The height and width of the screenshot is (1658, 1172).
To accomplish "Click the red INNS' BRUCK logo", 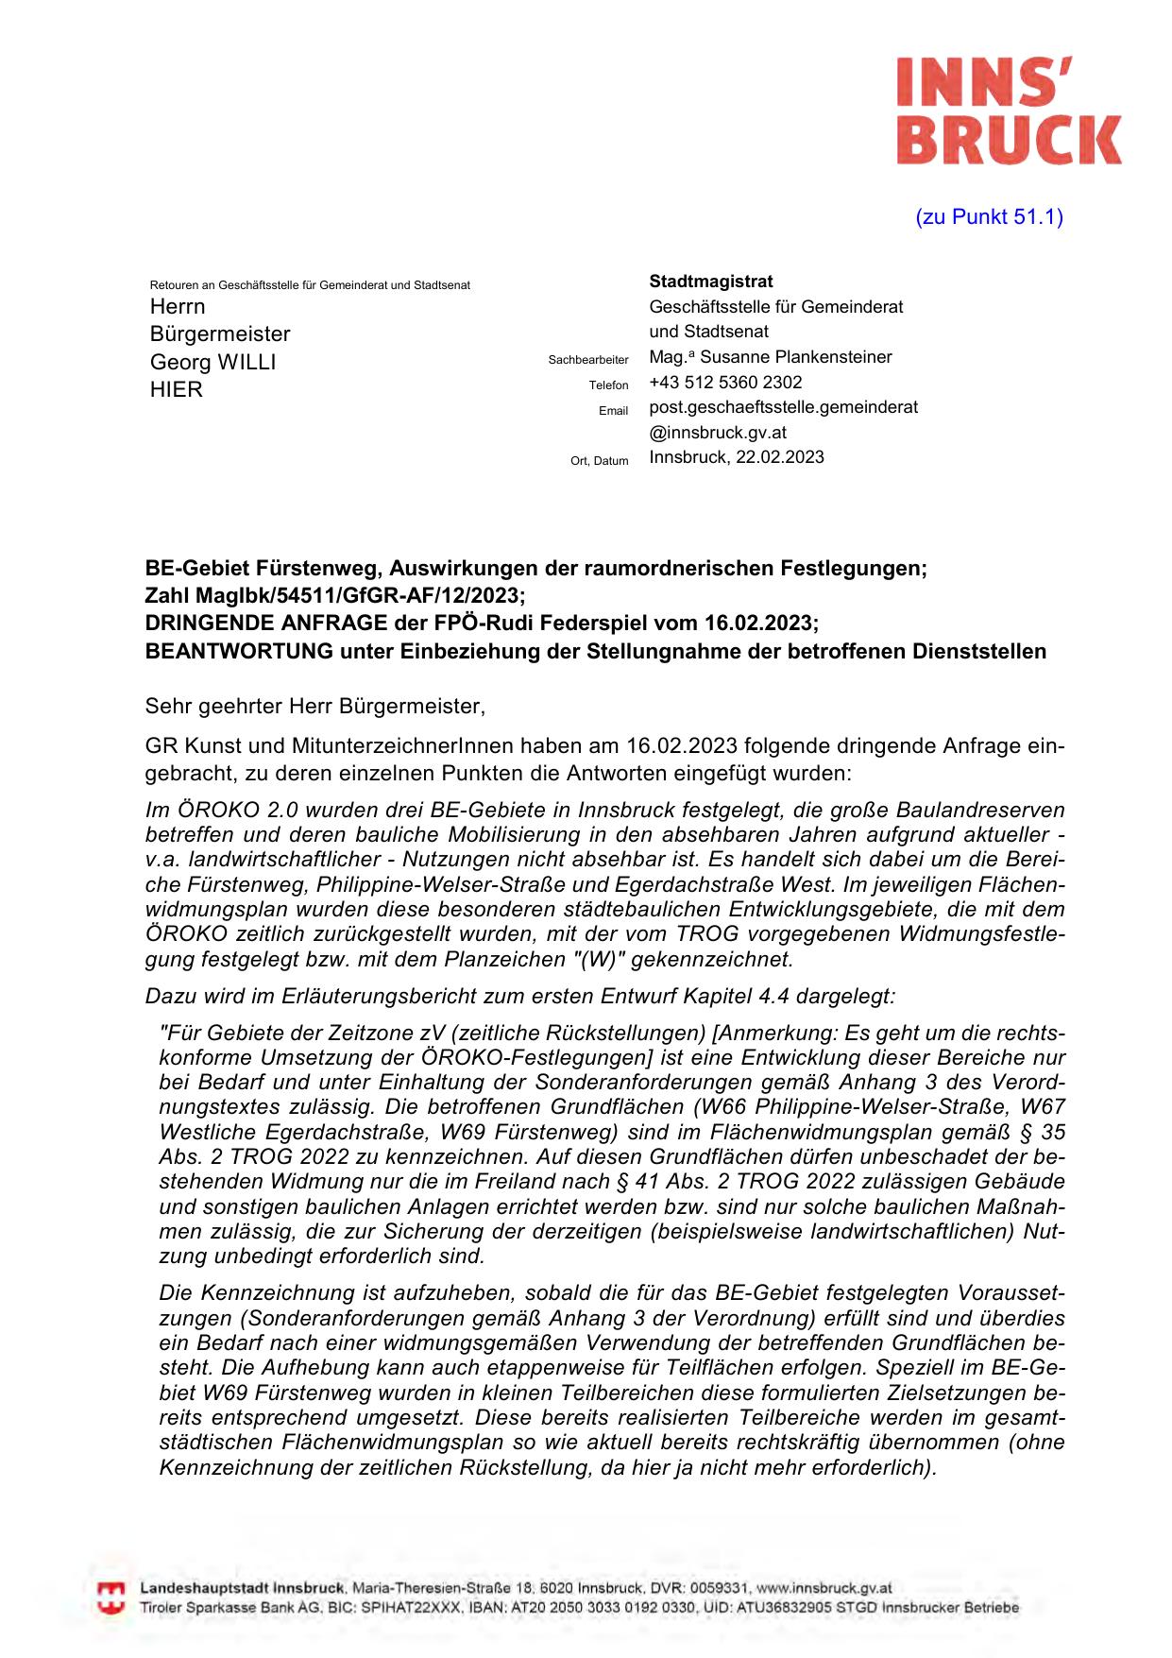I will (x=1008, y=111).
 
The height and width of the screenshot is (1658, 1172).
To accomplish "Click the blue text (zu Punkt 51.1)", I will (x=989, y=217).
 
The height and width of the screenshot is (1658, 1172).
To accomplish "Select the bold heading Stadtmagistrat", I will (x=710, y=282).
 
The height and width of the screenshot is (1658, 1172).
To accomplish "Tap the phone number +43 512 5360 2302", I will (x=725, y=383).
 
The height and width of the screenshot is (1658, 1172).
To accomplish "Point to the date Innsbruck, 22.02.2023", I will (x=736, y=457).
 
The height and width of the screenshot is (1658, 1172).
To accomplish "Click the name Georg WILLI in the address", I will (x=212, y=362).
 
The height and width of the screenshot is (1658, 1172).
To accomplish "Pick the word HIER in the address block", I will (x=176, y=389).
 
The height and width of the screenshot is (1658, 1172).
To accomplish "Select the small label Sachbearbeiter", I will (x=587, y=360).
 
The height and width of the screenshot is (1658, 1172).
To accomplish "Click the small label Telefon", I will (x=608, y=385).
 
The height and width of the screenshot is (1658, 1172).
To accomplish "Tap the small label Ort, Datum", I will (x=599, y=461).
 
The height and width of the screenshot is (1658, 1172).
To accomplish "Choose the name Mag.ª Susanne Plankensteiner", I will (x=770, y=357).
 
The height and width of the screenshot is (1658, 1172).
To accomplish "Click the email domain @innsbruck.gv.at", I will (x=718, y=433).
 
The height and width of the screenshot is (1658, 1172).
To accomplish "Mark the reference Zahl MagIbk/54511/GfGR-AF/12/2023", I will (x=332, y=596).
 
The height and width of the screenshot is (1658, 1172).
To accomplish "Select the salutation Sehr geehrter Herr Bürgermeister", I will (x=314, y=706).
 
